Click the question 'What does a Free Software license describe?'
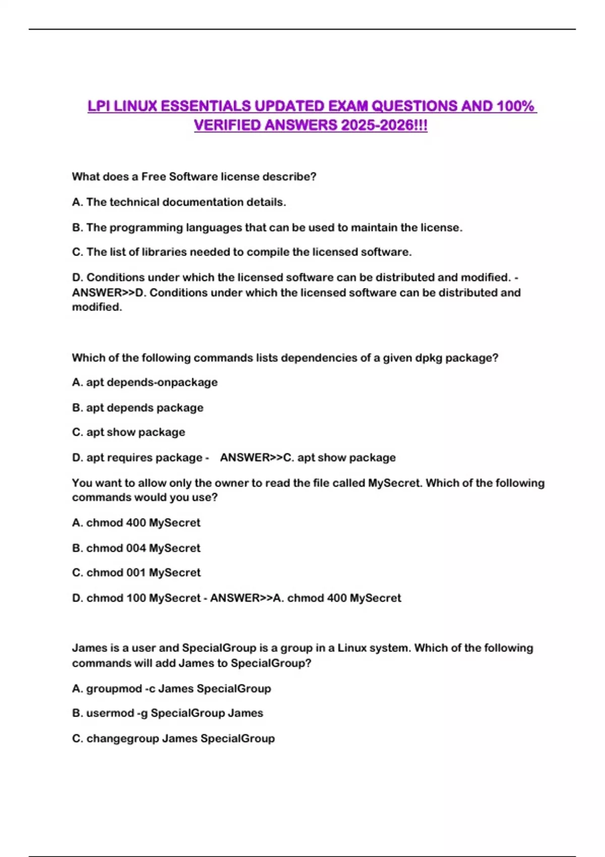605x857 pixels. (x=194, y=177)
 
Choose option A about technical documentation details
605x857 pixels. (x=179, y=202)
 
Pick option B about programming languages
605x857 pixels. (x=267, y=227)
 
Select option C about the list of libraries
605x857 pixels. (x=242, y=252)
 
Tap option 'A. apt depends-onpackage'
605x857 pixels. (x=145, y=383)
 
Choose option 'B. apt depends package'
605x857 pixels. (x=138, y=408)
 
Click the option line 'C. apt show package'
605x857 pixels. (x=129, y=433)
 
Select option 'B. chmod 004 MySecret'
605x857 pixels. (x=136, y=548)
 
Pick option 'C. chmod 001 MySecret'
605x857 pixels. (x=136, y=573)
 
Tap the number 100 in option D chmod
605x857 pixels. (x=136, y=598)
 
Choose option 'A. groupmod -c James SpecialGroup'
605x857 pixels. (x=171, y=689)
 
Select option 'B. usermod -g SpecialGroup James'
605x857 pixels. (x=167, y=713)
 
